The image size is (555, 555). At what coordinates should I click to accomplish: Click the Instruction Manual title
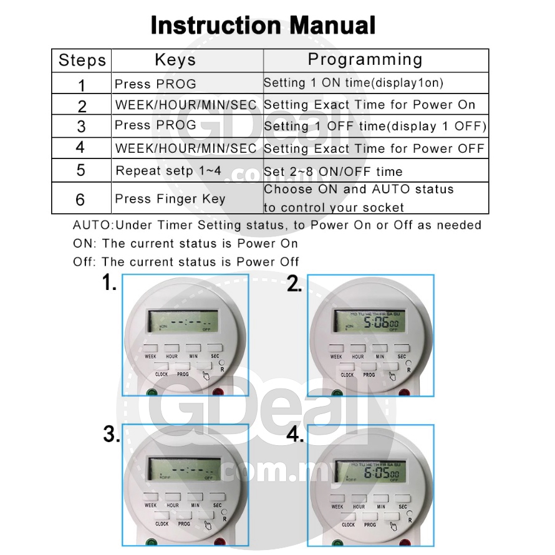tap(263, 26)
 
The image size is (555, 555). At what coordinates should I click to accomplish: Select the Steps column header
tap(82, 60)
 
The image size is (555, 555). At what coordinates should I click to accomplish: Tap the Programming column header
tap(365, 60)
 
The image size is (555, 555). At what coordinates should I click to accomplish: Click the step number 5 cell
tap(81, 170)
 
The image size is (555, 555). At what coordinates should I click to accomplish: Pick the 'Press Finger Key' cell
tap(161, 199)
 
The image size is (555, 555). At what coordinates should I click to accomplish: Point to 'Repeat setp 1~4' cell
tap(168, 171)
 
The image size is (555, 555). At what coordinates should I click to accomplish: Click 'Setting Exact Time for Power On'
tap(369, 105)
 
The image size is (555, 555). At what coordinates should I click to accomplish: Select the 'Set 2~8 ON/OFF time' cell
tap(333, 171)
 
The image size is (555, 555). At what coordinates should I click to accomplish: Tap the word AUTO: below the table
tap(94, 225)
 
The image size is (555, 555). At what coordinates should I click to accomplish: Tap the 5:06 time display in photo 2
tap(372, 322)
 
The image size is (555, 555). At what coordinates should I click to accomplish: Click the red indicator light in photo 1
tap(218, 393)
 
